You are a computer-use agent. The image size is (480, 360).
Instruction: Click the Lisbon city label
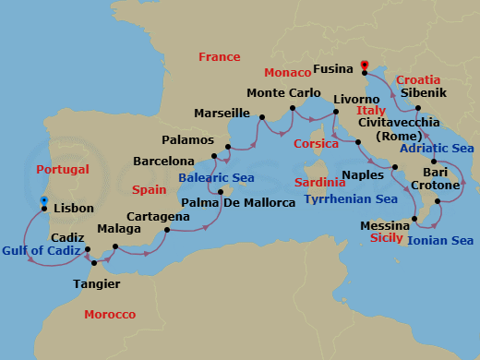tap(75, 210)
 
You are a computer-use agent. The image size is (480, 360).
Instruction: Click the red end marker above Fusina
tap(365, 65)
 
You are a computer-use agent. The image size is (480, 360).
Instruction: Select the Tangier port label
tap(95, 283)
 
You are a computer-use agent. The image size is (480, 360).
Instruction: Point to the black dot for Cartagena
tap(167, 230)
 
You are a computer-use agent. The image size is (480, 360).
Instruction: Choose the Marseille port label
tap(222, 114)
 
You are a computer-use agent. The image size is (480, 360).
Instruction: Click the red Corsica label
tap(317, 144)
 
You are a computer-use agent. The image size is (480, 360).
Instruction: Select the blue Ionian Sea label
tap(440, 241)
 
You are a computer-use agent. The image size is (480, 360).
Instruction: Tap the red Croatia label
tap(418, 80)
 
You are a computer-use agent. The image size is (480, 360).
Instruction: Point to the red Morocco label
tap(110, 315)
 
